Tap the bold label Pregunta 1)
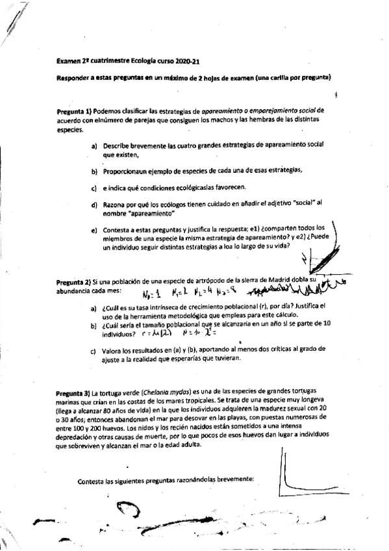tap(77, 111)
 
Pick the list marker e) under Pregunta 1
tap(94, 231)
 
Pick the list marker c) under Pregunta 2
tap(94, 351)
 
